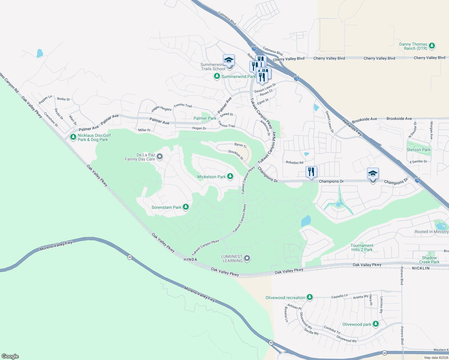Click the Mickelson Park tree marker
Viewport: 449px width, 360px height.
(x=230, y=176)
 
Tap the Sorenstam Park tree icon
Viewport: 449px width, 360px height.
(x=186, y=207)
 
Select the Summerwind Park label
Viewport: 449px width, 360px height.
(x=238, y=76)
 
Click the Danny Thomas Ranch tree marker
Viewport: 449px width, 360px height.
(x=432, y=46)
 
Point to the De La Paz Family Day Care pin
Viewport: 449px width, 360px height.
(x=160, y=157)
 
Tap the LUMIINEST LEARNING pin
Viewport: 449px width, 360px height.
(x=247, y=258)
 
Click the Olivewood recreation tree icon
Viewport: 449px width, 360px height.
(x=310, y=297)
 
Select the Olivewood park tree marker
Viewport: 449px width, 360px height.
(x=375, y=324)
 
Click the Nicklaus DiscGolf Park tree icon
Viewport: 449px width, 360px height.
(x=73, y=137)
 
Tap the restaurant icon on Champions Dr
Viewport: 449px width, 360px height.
(x=311, y=172)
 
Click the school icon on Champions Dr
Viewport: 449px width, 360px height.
(x=373, y=174)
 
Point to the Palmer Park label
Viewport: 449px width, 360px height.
(x=205, y=118)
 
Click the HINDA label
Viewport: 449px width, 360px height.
(x=190, y=259)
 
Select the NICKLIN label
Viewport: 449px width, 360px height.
(x=421, y=268)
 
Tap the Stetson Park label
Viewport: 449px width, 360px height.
(x=418, y=150)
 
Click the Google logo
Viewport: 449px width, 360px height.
(x=10, y=356)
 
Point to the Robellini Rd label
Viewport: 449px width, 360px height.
(x=294, y=163)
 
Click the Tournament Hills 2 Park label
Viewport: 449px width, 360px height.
(x=362, y=247)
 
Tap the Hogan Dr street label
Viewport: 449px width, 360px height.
(x=199, y=128)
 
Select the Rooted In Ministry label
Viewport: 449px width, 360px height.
(x=431, y=232)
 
